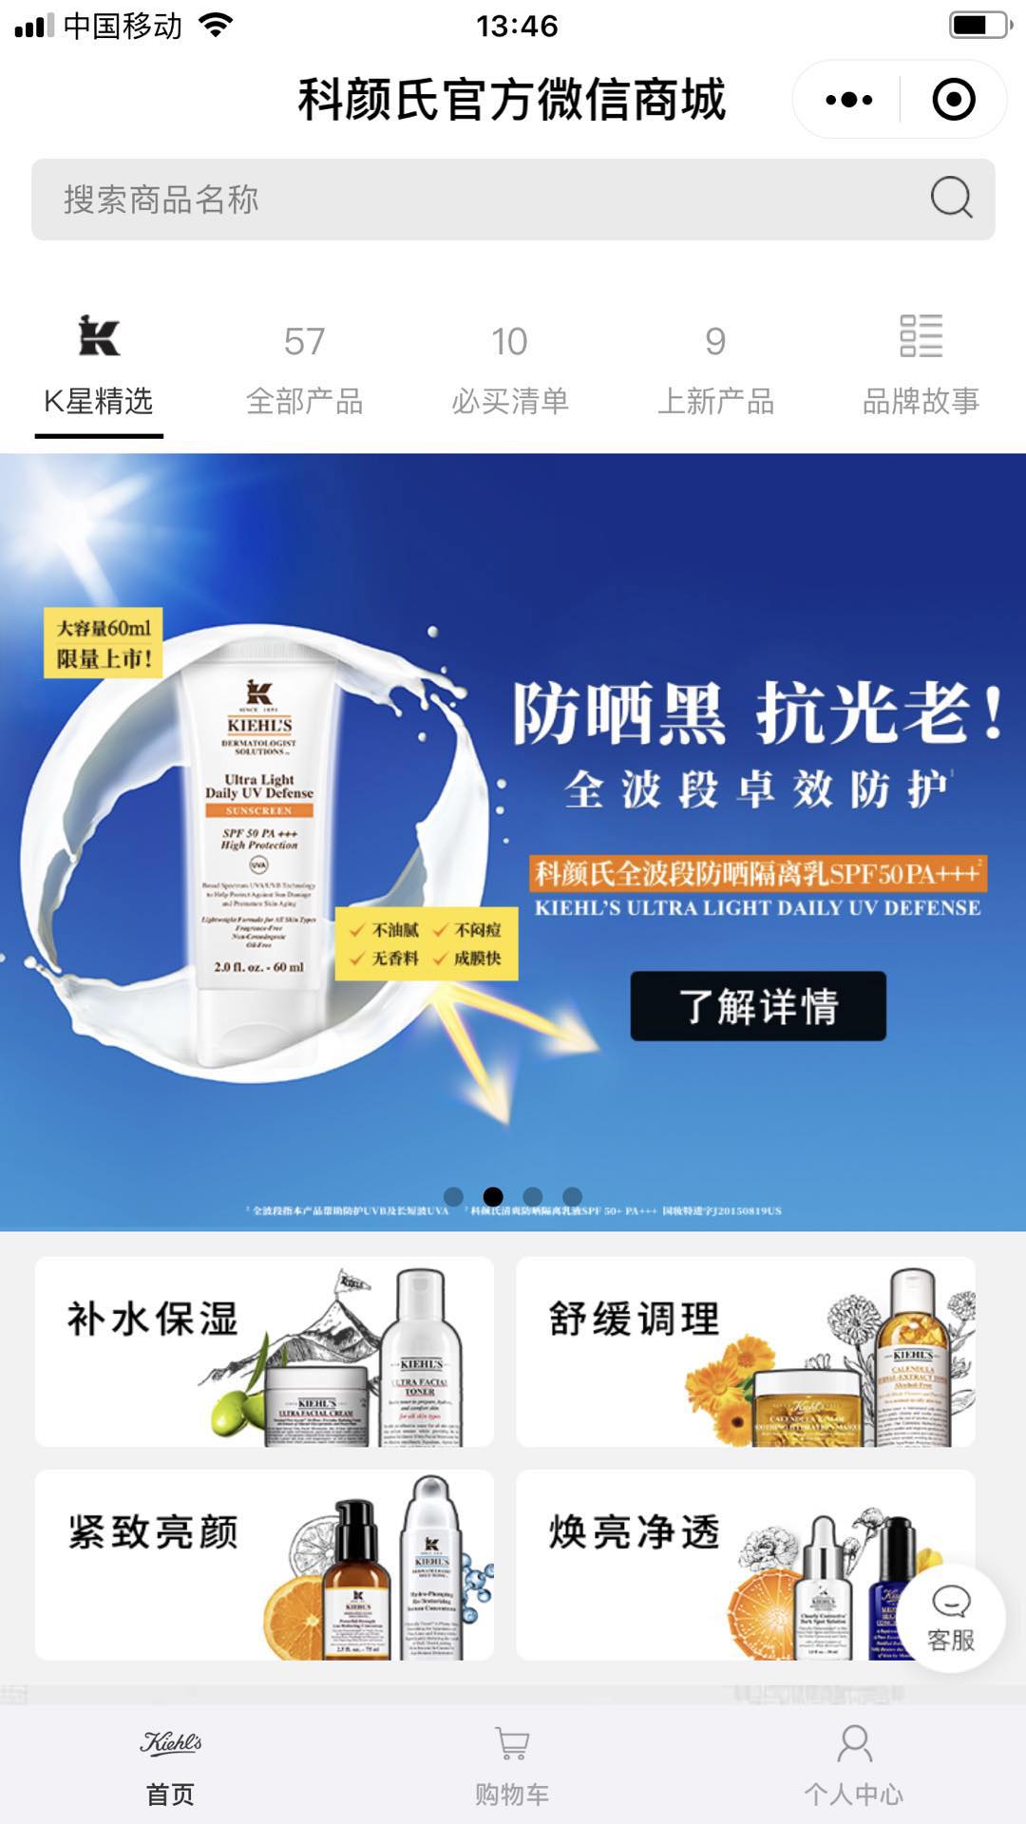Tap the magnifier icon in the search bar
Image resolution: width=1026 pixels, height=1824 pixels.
point(951,199)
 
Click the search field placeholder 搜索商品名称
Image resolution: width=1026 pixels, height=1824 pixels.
point(161,199)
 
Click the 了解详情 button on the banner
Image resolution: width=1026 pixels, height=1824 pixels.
point(758,1006)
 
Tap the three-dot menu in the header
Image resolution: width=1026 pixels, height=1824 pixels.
point(848,100)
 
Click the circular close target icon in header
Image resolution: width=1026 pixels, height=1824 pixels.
point(954,100)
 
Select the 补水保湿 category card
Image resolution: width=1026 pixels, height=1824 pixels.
point(264,1351)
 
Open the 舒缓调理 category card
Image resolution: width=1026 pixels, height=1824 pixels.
point(746,1351)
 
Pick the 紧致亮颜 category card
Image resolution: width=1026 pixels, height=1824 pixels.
point(264,1565)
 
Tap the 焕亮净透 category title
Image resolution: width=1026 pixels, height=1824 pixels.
point(635,1532)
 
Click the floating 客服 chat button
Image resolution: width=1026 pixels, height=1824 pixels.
point(951,1618)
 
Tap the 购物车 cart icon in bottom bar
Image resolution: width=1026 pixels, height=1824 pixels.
point(513,1744)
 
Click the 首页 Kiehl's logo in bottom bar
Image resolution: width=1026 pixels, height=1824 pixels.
point(171,1744)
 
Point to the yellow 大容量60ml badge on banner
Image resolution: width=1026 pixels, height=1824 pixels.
point(104,643)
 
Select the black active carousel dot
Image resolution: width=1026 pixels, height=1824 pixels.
point(493,1196)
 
